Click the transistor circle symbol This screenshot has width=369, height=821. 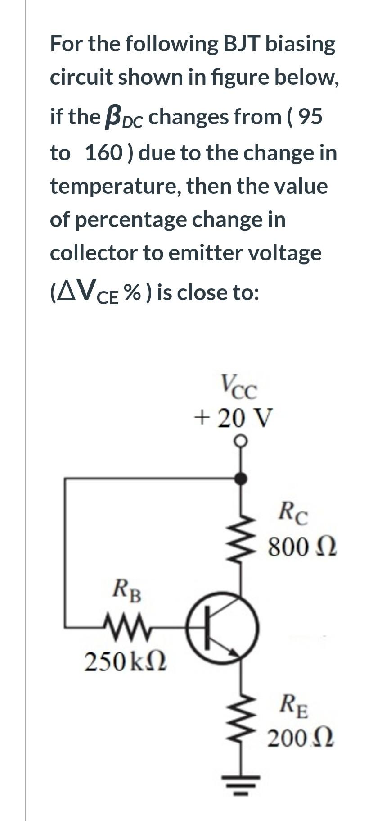pos(222,627)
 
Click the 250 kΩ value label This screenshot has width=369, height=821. pos(126,661)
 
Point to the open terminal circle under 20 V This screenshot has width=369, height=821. pos(242,439)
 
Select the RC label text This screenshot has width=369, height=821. pos(293,513)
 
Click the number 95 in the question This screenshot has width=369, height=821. pos(310,117)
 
